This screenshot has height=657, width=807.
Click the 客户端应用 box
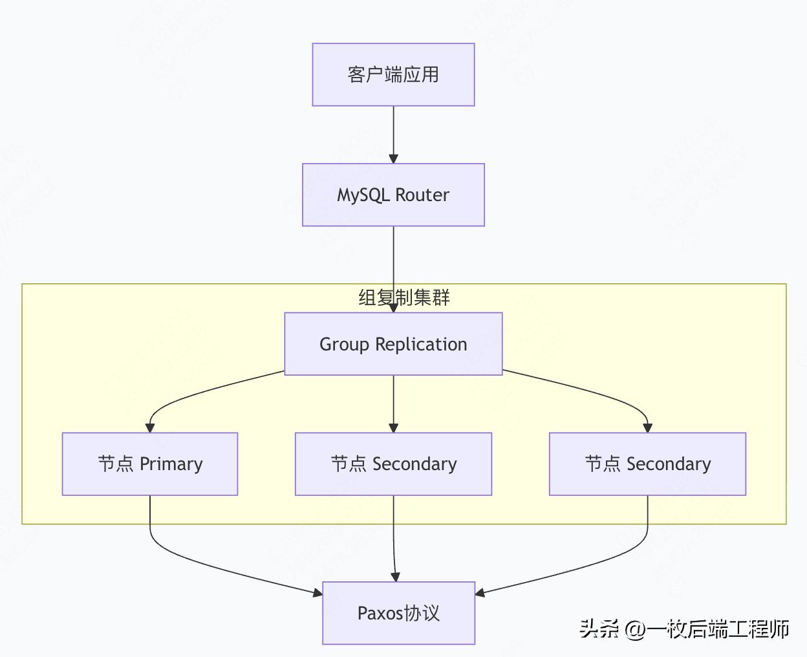click(x=393, y=74)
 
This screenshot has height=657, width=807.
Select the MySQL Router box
click(x=393, y=195)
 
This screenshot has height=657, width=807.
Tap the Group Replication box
click(x=393, y=344)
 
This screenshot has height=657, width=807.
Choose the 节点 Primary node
click(x=150, y=464)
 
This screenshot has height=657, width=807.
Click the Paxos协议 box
click(x=398, y=613)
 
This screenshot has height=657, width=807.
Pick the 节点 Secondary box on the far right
click(x=647, y=464)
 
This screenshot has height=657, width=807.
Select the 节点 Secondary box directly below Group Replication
click(x=393, y=464)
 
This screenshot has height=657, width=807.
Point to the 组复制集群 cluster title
click(x=404, y=297)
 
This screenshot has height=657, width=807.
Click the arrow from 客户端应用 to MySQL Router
click(x=393, y=133)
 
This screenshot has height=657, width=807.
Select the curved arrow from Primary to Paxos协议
click(x=194, y=563)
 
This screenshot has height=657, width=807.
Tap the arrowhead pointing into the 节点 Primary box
click(x=150, y=427)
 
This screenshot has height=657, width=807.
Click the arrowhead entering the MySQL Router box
click(x=393, y=158)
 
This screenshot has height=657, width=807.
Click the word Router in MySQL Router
click(x=422, y=195)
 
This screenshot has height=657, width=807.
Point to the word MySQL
click(x=363, y=195)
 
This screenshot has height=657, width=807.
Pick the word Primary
click(x=171, y=464)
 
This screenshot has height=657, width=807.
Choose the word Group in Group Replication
click(x=345, y=344)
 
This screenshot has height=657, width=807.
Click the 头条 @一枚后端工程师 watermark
click(x=684, y=629)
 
